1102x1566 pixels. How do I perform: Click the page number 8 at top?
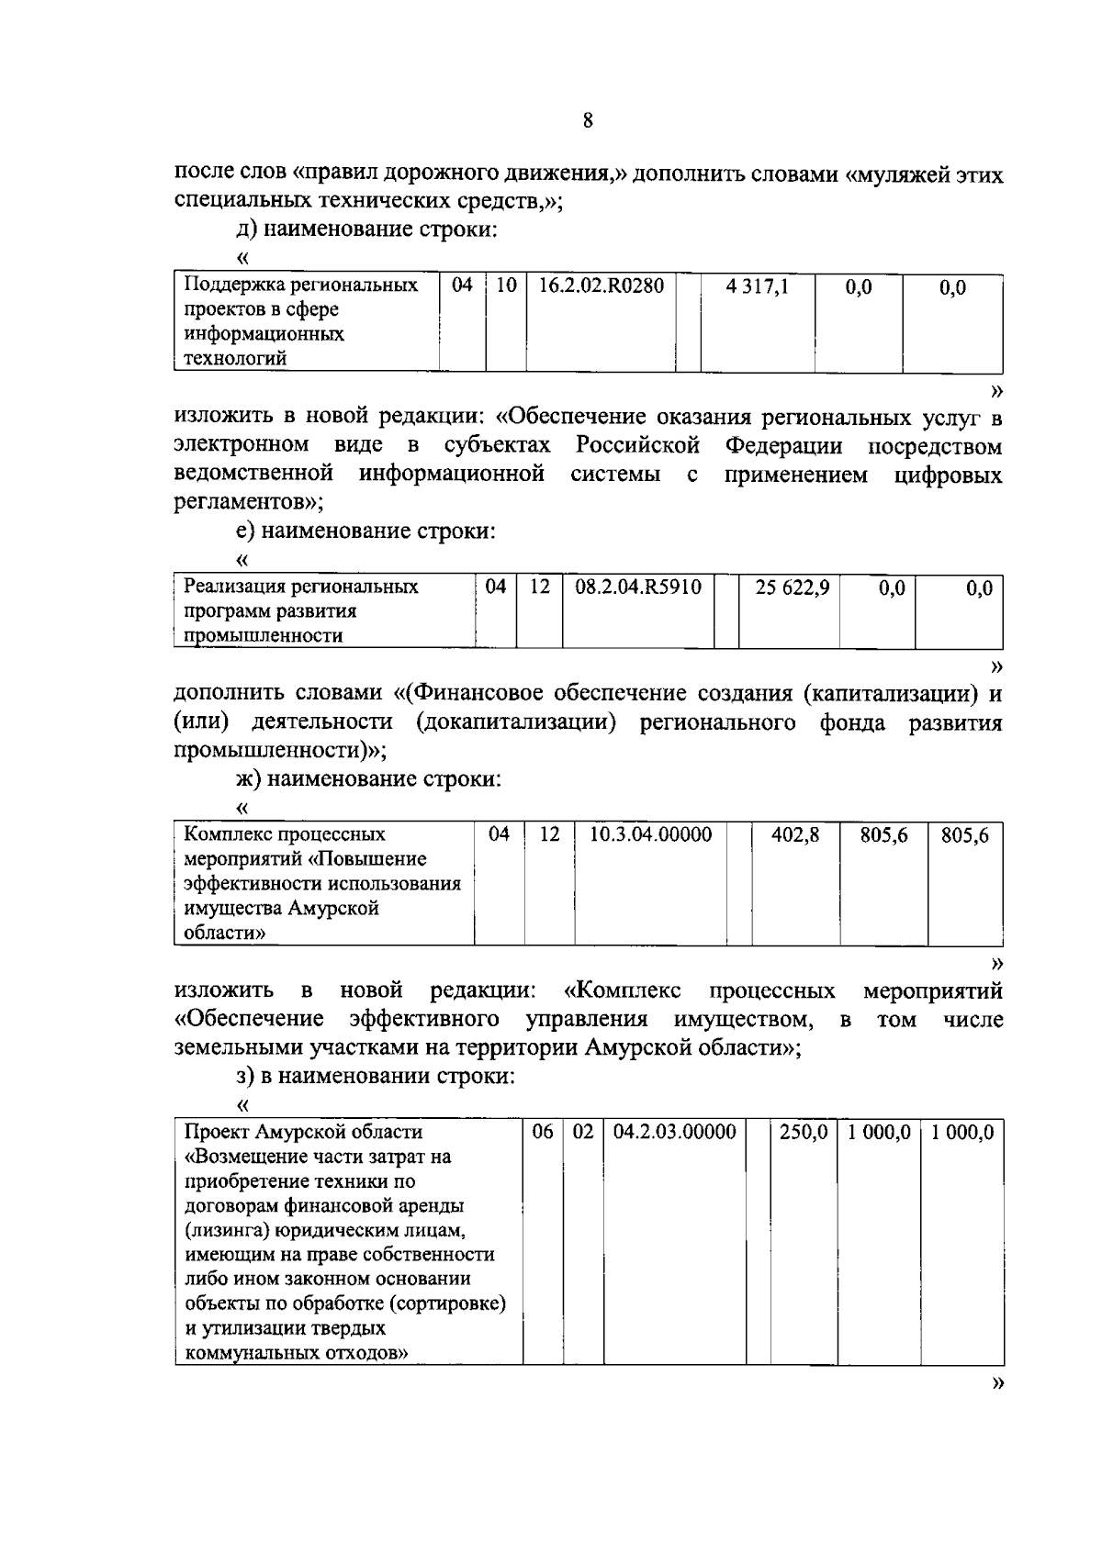[x=587, y=120]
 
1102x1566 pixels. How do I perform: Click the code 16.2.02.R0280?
[x=601, y=285]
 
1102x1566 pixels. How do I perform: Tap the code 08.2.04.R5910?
[x=637, y=587]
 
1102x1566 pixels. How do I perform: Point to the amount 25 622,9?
[x=792, y=587]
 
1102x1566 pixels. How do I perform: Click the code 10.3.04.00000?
[x=650, y=834]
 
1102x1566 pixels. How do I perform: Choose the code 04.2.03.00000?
[x=674, y=1132]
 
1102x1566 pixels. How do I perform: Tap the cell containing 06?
[x=543, y=1132]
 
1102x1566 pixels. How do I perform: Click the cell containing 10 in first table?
[x=505, y=285]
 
